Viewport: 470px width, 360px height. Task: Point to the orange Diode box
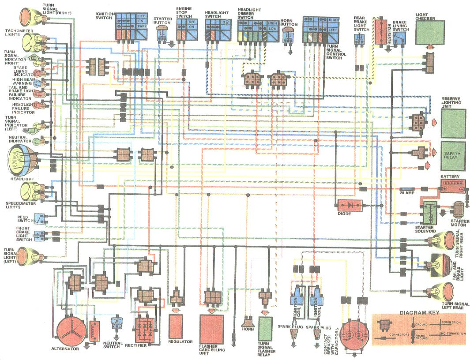point(350,206)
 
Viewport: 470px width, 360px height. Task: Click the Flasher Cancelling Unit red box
point(214,329)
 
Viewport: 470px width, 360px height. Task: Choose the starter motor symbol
point(459,210)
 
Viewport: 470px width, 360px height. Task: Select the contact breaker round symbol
point(356,335)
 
